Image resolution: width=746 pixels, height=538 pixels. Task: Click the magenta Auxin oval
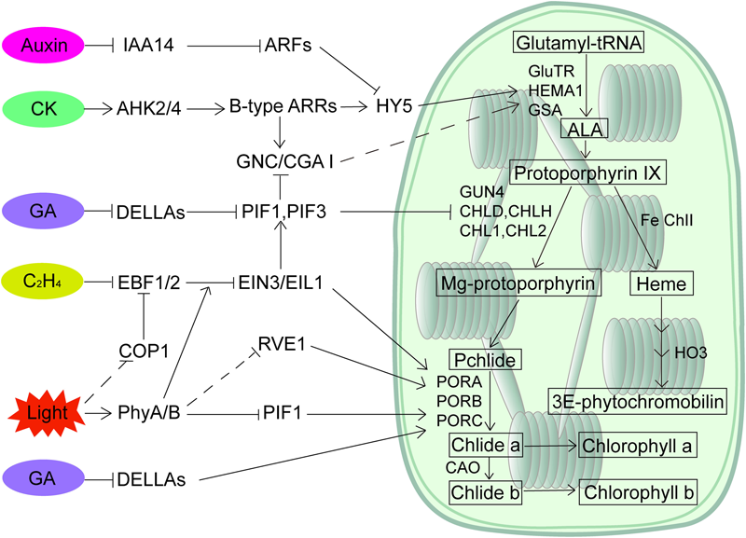[x=45, y=44]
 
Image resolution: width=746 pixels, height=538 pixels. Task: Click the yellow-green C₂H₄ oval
[x=45, y=279]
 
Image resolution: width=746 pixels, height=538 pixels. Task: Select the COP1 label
[x=142, y=352]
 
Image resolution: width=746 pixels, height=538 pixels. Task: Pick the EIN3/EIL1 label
[x=278, y=280]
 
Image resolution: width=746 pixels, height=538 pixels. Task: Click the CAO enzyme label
[x=463, y=466]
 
